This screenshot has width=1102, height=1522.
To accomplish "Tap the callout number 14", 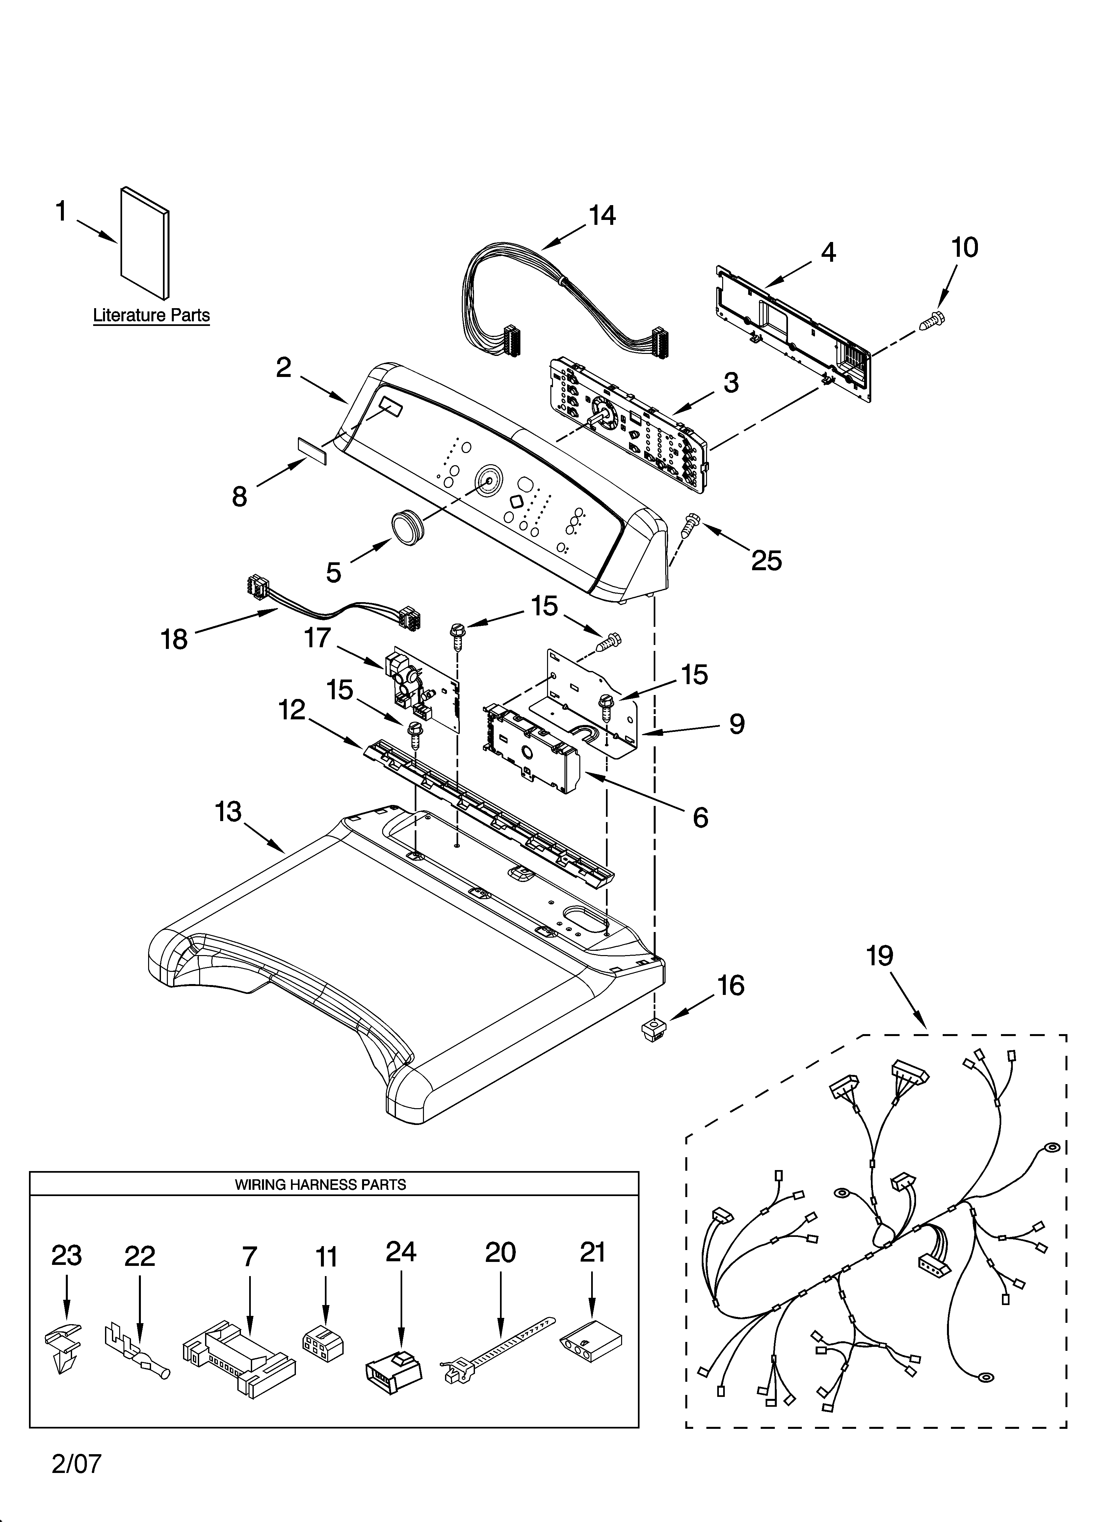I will point(602,215).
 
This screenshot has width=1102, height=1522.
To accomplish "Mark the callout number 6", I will point(700,817).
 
